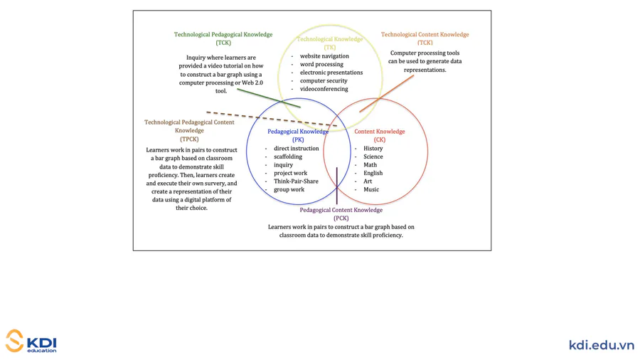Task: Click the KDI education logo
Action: [x=31, y=342]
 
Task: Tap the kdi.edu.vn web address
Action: [x=601, y=345]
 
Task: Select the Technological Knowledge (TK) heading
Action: [x=329, y=43]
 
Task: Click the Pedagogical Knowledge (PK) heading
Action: [x=298, y=135]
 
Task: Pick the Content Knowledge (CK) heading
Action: [x=379, y=135]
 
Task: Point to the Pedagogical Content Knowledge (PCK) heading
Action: [x=341, y=213]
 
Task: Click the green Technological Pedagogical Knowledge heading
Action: [x=223, y=38]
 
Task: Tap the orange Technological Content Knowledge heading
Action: [x=425, y=38]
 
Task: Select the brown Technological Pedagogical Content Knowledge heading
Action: [x=189, y=130]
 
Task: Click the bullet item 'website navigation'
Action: [x=324, y=55]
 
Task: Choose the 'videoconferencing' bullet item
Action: [x=324, y=89]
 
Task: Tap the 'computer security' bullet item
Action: [x=324, y=80]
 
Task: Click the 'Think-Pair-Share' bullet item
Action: [x=296, y=181]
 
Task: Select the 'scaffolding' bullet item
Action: [x=288, y=157]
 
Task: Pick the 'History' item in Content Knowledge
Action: [x=373, y=149]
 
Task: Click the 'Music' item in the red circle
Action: [x=371, y=189]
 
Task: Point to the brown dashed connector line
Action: [x=270, y=119]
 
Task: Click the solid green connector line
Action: [x=268, y=98]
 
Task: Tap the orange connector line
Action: [x=386, y=93]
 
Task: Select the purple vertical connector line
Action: [x=337, y=185]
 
